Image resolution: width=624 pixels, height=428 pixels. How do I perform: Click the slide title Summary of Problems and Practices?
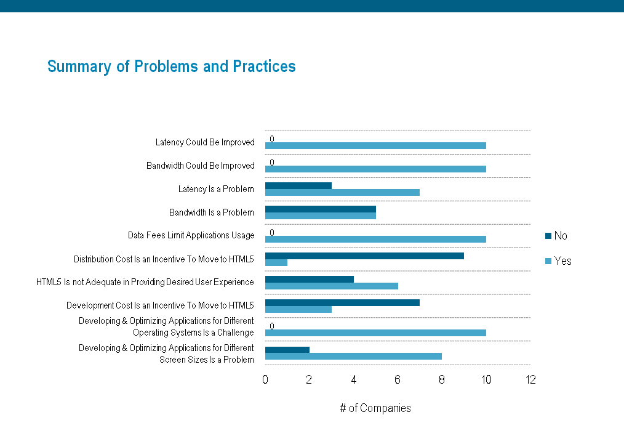(x=171, y=67)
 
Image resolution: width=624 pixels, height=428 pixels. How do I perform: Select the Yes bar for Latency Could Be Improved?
(x=375, y=146)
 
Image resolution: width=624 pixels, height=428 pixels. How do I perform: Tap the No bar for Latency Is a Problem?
(x=298, y=185)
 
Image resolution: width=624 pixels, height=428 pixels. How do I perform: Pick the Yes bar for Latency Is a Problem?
(x=342, y=192)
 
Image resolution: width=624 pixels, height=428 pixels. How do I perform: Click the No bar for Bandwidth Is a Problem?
(x=320, y=209)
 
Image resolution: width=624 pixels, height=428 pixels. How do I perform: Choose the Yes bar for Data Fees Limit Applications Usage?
(x=375, y=239)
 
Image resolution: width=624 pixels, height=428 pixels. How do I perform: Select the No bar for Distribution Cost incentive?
(x=364, y=256)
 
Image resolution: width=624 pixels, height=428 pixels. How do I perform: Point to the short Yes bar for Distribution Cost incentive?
(x=276, y=262)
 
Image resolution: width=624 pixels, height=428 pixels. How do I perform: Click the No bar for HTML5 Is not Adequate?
(x=310, y=279)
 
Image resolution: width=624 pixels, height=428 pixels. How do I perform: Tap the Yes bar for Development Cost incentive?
(x=298, y=309)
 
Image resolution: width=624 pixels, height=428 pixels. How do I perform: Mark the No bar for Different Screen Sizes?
(x=287, y=349)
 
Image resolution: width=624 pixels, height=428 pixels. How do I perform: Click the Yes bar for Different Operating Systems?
(x=375, y=333)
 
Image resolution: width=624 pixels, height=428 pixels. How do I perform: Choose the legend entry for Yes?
(x=558, y=261)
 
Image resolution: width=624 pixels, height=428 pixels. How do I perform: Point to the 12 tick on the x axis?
(x=530, y=380)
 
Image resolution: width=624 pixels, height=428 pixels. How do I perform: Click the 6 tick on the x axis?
(x=398, y=380)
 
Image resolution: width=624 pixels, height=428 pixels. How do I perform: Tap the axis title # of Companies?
(x=375, y=408)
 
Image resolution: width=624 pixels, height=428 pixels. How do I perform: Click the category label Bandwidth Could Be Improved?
(x=200, y=166)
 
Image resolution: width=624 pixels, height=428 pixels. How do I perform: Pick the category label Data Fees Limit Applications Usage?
(x=191, y=235)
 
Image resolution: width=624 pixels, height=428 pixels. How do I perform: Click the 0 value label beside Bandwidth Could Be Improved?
(x=272, y=163)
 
